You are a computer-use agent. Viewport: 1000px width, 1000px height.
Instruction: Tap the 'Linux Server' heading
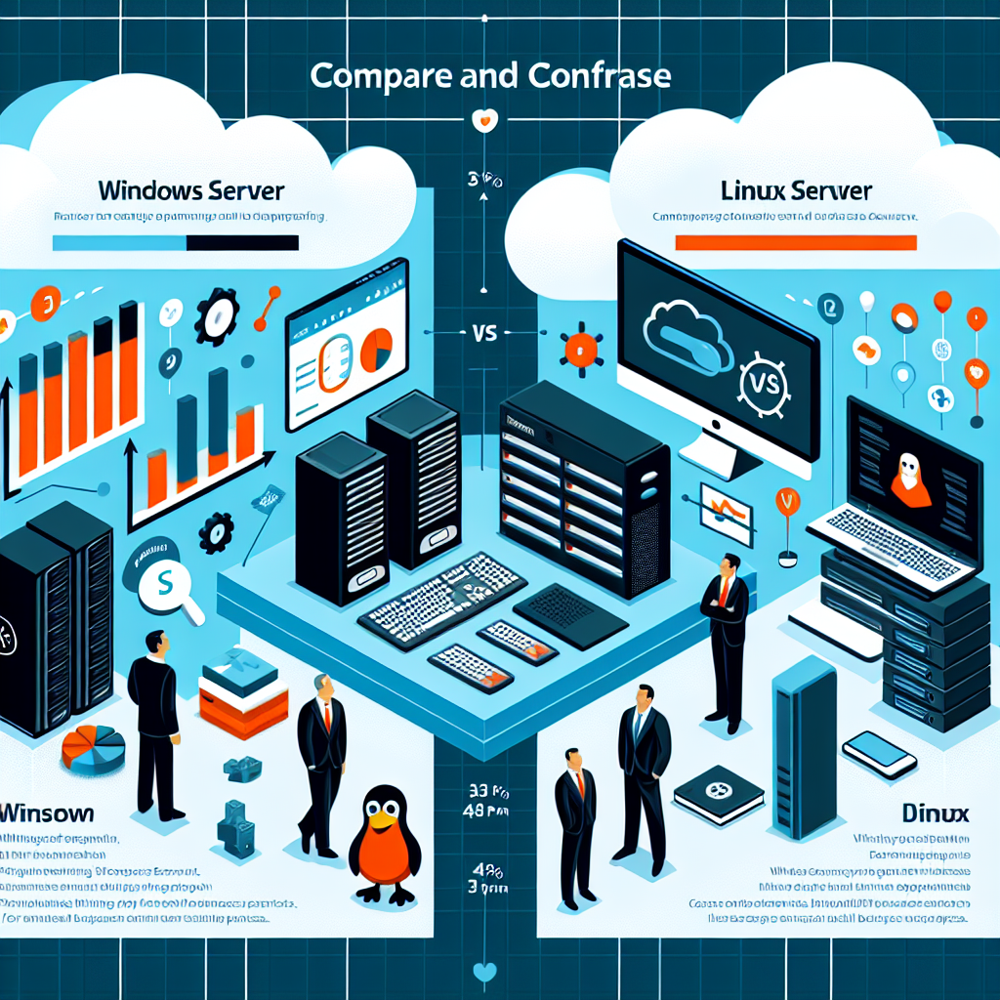797,190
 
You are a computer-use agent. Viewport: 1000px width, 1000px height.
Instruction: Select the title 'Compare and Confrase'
489,77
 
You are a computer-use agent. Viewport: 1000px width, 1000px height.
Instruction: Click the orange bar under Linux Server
796,242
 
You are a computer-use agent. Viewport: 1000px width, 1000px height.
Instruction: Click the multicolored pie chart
94,748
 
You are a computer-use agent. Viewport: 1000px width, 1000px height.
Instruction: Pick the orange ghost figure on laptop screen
909,479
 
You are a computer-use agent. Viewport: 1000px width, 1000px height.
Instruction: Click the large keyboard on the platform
444,592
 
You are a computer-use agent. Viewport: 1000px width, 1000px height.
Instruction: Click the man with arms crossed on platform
727,640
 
